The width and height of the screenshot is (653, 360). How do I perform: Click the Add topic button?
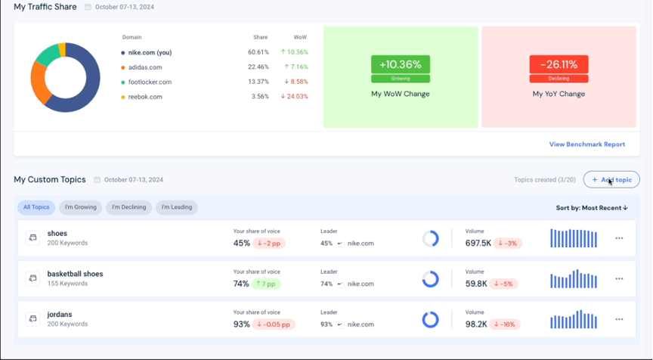611,180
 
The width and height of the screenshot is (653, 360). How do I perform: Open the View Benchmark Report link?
586,144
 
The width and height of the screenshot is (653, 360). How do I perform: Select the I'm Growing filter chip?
80,207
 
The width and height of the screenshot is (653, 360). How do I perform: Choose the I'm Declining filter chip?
128,207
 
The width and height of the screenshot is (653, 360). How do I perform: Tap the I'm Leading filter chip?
176,207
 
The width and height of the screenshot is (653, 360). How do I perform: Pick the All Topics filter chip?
36,207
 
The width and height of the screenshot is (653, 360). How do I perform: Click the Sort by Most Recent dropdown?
592,208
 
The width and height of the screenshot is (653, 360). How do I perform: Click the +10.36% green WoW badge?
401,65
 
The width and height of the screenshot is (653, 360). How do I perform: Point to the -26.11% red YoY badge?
559,65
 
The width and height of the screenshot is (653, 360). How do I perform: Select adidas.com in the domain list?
144,67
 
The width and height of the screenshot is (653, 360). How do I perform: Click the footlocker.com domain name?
150,82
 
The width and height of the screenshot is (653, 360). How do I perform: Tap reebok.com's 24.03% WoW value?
295,97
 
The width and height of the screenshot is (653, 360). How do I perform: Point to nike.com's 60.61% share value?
258,52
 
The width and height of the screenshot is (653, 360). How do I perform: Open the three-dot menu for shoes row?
619,238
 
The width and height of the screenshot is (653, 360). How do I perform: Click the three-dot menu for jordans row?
619,319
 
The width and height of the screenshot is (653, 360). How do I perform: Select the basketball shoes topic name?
75,274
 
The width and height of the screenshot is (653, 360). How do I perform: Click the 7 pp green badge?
267,284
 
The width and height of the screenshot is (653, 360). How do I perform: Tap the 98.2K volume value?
476,324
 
